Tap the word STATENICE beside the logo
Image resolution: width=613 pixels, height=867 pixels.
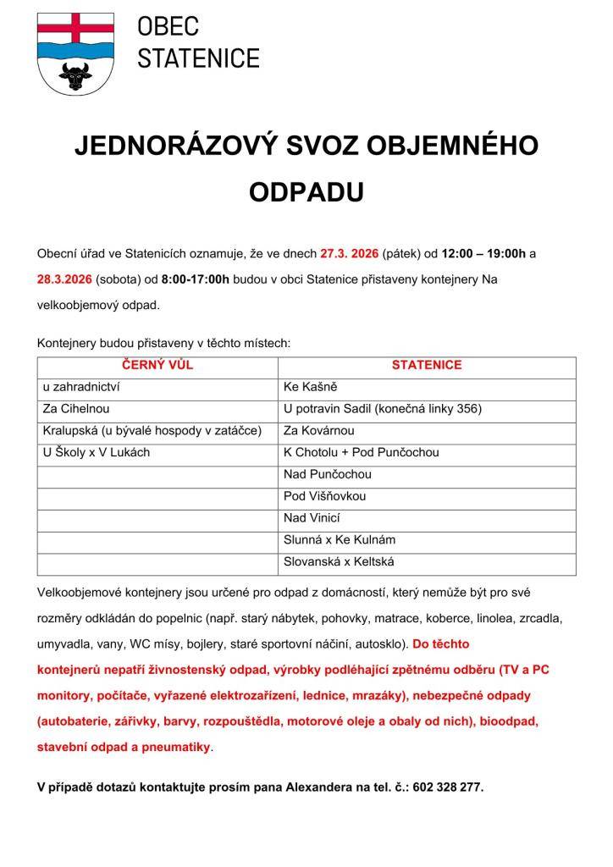click(198, 58)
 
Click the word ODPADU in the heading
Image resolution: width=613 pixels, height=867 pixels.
click(306, 192)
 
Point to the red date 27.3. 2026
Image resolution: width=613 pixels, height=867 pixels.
click(350, 253)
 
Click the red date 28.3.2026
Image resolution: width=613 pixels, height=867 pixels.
click(64, 279)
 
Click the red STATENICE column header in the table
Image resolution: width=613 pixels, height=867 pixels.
click(426, 366)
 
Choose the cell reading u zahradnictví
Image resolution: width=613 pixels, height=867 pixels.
click(81, 387)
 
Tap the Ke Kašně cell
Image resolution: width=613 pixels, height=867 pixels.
click(311, 387)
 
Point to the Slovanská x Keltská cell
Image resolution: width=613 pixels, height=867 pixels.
click(339, 561)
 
